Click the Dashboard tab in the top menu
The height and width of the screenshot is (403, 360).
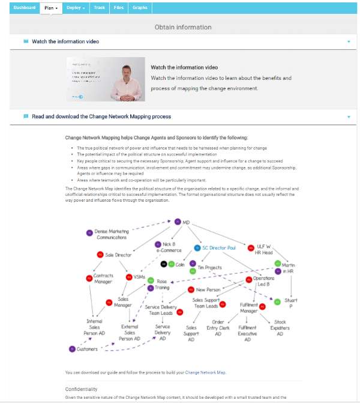(24, 7)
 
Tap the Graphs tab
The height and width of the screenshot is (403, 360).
(140, 7)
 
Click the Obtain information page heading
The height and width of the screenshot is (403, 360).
(183, 27)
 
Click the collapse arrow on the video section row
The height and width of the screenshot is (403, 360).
(349, 42)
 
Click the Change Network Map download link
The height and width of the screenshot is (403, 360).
(206, 372)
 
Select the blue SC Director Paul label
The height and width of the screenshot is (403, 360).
(219, 247)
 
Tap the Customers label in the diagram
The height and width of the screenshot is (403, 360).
(87, 349)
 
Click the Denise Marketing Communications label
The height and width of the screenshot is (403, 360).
(112, 234)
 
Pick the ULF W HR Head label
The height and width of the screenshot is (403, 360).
(265, 249)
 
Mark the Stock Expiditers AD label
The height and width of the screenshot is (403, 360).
(280, 328)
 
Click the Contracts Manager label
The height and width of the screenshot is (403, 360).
(103, 279)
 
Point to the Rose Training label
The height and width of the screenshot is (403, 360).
(162, 284)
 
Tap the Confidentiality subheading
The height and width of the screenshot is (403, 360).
(81, 389)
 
